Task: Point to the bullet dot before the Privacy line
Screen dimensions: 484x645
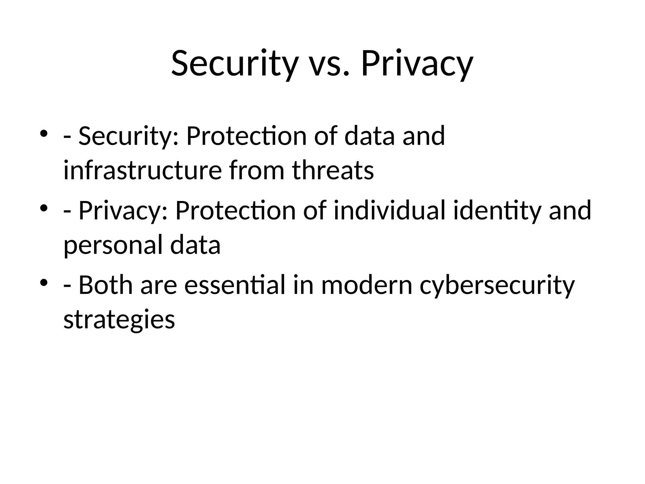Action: (44, 208)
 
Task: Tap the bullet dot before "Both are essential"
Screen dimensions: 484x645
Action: (44, 282)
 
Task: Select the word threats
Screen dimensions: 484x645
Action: (333, 170)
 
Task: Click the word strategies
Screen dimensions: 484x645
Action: (119, 320)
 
